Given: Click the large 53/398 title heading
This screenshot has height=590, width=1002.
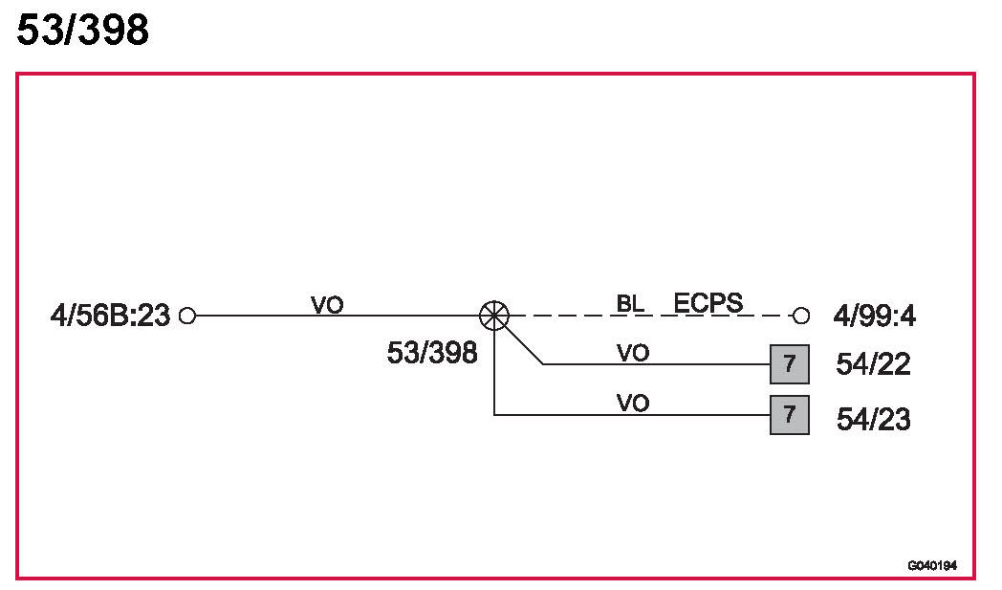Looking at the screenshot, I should [83, 31].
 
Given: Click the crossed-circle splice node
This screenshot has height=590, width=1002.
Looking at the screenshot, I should [494, 314].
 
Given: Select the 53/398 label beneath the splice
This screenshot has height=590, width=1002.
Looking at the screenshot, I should [431, 353].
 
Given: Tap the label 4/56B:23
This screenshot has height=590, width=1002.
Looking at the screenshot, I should [110, 315].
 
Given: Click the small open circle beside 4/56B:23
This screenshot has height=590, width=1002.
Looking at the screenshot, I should [187, 315].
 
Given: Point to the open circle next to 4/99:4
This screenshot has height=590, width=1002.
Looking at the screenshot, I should [801, 315].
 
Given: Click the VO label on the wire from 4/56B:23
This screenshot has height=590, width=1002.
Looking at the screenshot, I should [327, 304].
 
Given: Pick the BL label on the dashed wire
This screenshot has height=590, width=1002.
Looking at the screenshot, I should [630, 304].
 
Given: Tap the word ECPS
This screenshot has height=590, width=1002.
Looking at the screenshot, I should [708, 303].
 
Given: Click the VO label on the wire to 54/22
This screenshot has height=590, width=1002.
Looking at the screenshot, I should [633, 353].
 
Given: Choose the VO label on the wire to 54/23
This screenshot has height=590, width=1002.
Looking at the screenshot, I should [633, 403].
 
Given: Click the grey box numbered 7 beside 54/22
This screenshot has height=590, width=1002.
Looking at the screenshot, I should [790, 364].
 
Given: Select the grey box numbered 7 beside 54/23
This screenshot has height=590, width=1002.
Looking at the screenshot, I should [790, 415].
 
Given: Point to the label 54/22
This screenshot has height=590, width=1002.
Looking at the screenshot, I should [873, 364].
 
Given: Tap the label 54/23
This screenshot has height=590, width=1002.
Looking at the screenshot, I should [873, 419].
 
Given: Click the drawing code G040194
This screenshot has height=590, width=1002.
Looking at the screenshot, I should [932, 566].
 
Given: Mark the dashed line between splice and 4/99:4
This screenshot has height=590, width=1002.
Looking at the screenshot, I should [650, 315].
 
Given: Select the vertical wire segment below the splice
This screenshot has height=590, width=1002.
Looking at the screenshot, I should [494, 373].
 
